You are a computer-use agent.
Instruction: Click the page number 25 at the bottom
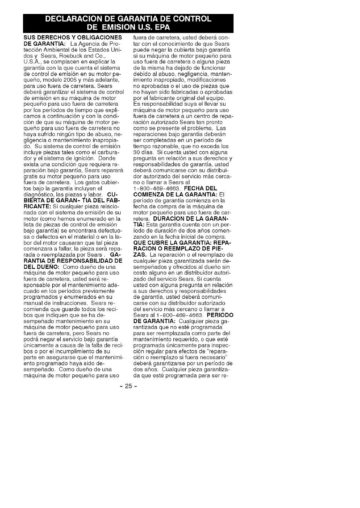pos(128,387)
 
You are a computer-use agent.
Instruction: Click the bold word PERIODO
pos(220,315)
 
